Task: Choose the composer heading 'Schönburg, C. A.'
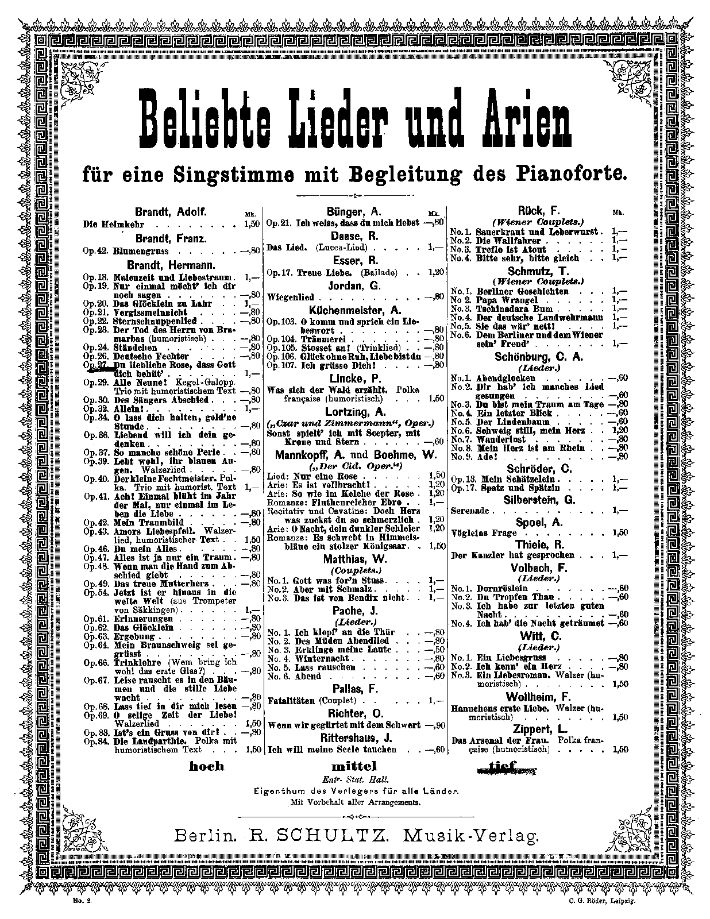coord(538,357)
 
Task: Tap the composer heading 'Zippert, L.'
coord(538,728)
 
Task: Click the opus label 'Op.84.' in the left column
coord(95,741)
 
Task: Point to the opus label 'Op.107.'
coord(280,365)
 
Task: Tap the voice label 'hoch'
coord(206,766)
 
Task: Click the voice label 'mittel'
coord(354,766)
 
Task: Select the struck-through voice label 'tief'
coord(503,766)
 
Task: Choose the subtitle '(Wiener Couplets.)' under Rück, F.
coord(538,222)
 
